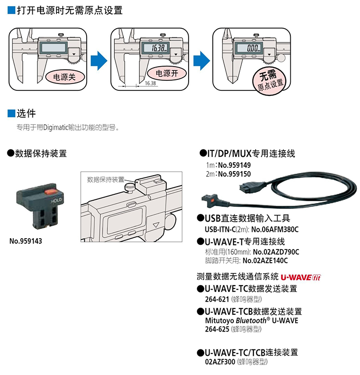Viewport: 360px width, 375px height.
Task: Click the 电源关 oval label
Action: coord(64,77)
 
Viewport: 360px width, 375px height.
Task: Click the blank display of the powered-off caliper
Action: coord(53,47)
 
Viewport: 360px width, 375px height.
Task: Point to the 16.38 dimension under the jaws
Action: coord(151,84)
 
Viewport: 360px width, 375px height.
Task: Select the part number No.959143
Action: coord(26,241)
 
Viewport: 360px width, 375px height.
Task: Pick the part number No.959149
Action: coord(234,165)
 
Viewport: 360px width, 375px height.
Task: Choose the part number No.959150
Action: coord(234,173)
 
